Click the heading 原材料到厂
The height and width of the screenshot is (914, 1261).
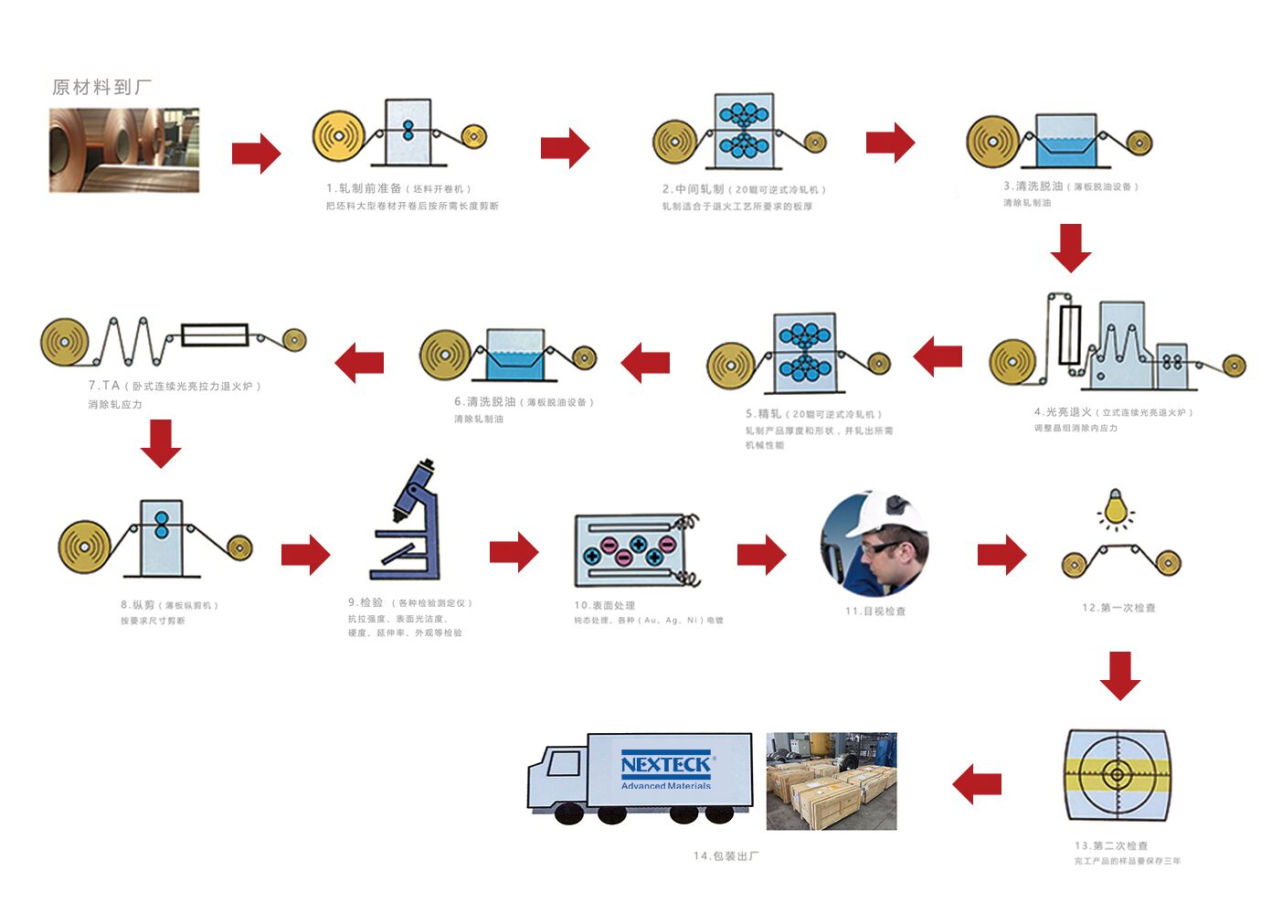(101, 87)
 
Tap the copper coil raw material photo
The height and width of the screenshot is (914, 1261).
(124, 150)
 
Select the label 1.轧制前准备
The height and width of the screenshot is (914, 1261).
(365, 188)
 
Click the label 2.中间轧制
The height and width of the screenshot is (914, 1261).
(694, 189)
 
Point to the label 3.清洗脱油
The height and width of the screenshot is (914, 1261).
(1033, 186)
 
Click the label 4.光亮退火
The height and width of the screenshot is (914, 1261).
(1063, 412)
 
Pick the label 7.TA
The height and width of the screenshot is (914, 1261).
(104, 386)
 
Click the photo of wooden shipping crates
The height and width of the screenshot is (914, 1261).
(831, 781)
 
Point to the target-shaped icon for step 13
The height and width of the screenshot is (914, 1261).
(1117, 775)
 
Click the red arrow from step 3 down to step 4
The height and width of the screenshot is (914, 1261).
(1071, 248)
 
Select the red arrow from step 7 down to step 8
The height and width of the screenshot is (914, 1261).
(161, 443)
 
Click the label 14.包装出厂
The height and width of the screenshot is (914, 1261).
(726, 856)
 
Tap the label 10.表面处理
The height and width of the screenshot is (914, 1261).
(604, 605)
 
